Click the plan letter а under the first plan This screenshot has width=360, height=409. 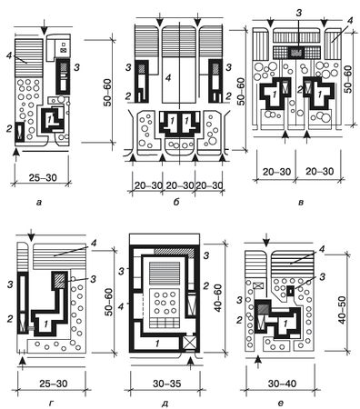(x=38, y=203)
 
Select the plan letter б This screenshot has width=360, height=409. (x=176, y=202)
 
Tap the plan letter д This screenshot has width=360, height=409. (x=165, y=404)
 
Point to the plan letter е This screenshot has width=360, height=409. (x=281, y=403)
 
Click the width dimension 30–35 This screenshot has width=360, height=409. (x=166, y=384)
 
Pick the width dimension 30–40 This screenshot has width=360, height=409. (x=282, y=384)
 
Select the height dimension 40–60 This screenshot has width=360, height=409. (x=217, y=298)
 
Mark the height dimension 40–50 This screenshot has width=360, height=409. (x=342, y=310)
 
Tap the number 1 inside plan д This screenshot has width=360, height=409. (x=157, y=343)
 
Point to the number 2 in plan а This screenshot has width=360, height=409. (x=8, y=129)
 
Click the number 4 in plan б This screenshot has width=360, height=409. (x=168, y=78)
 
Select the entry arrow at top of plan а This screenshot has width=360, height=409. (x=45, y=28)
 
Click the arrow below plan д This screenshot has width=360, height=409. (x=190, y=363)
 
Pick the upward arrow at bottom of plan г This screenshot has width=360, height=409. (x=22, y=363)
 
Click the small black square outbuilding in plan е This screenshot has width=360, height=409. (x=291, y=291)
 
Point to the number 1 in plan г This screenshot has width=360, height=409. (x=45, y=324)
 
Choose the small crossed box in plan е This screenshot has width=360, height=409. (x=258, y=285)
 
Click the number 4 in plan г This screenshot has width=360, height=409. (x=94, y=244)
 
